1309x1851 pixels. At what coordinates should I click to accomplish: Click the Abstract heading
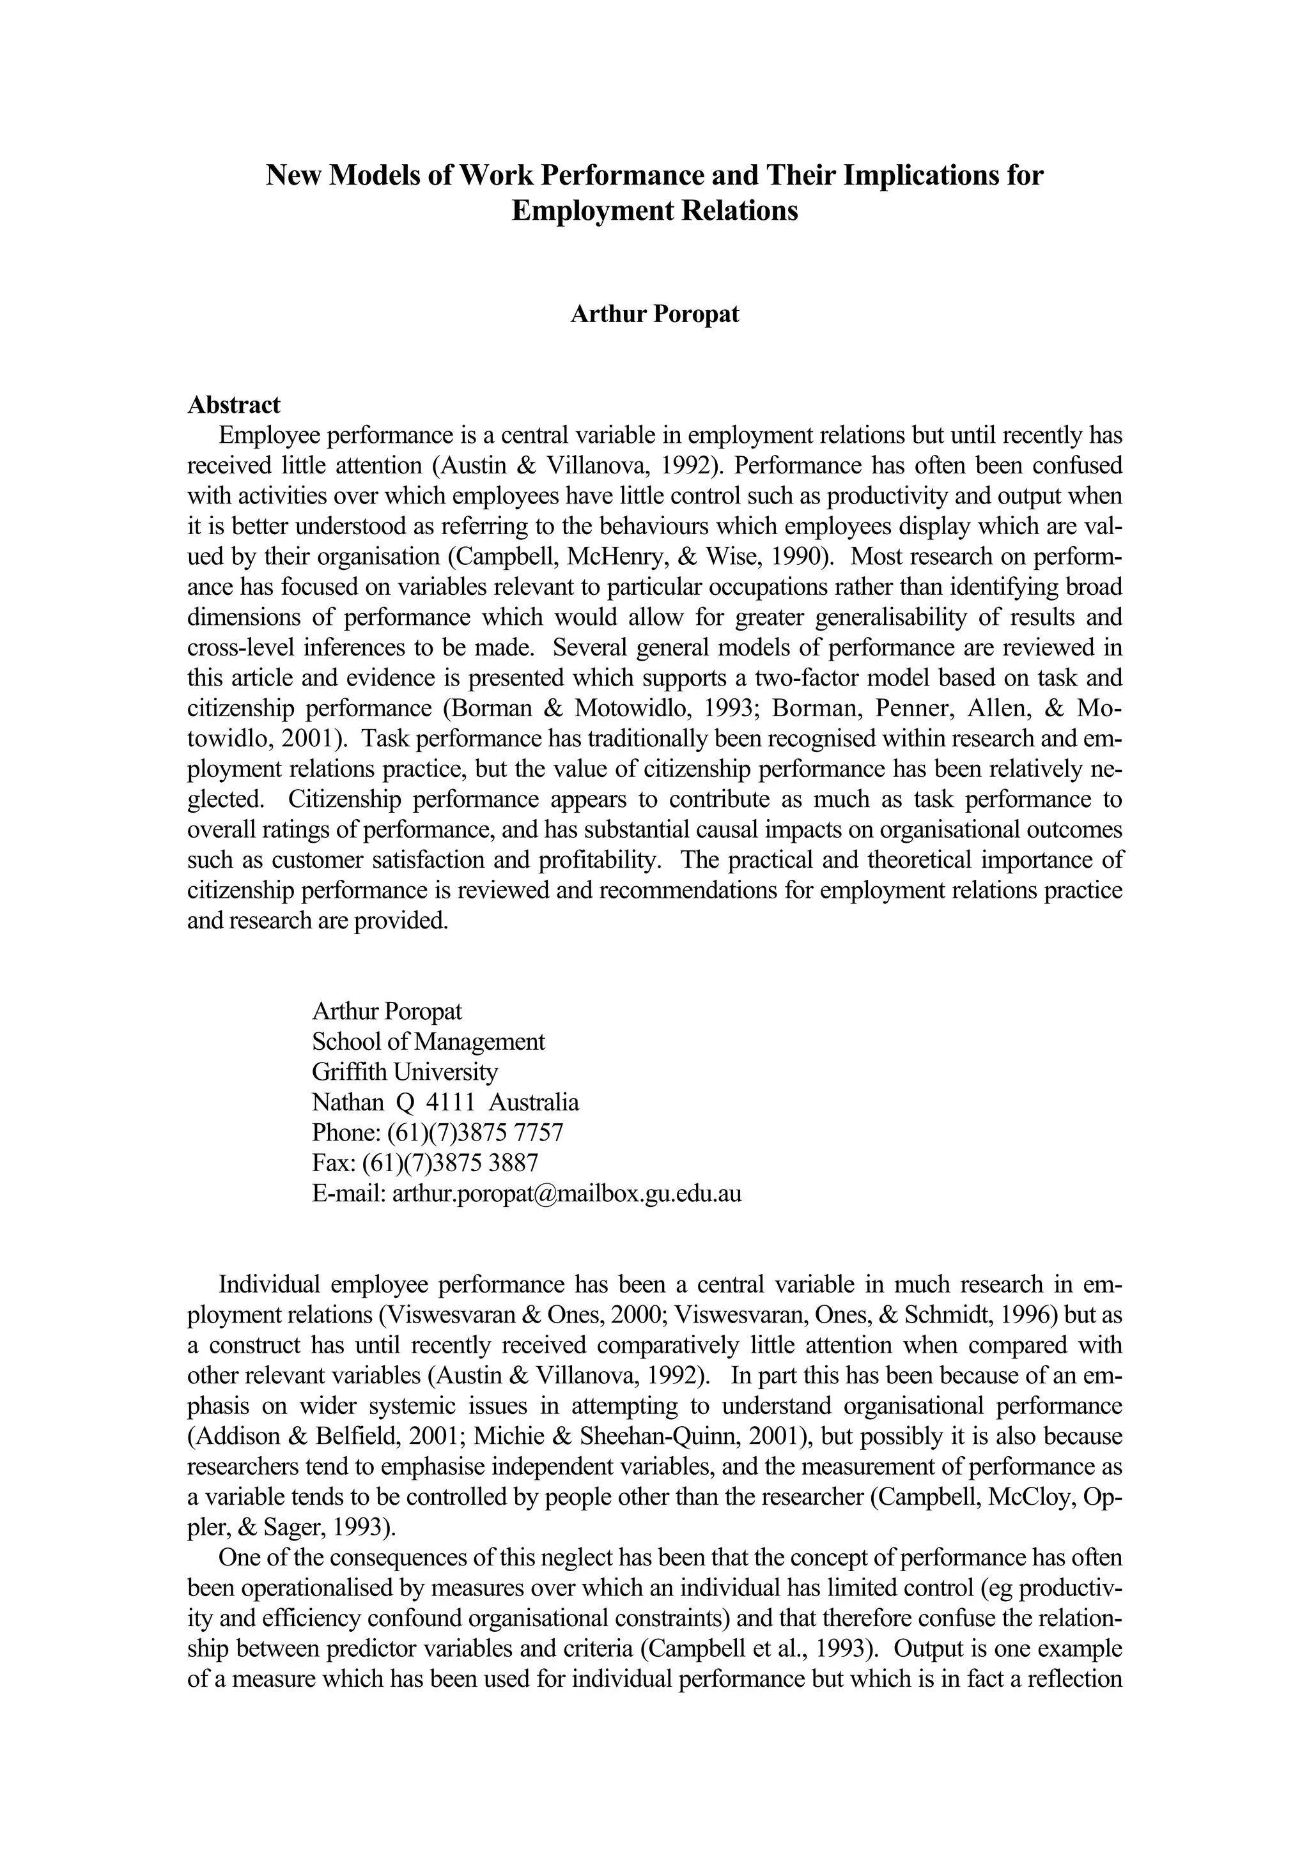[x=234, y=404]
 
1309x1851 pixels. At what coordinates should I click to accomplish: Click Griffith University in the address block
[x=405, y=1071]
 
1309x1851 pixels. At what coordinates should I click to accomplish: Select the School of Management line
[x=428, y=1041]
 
